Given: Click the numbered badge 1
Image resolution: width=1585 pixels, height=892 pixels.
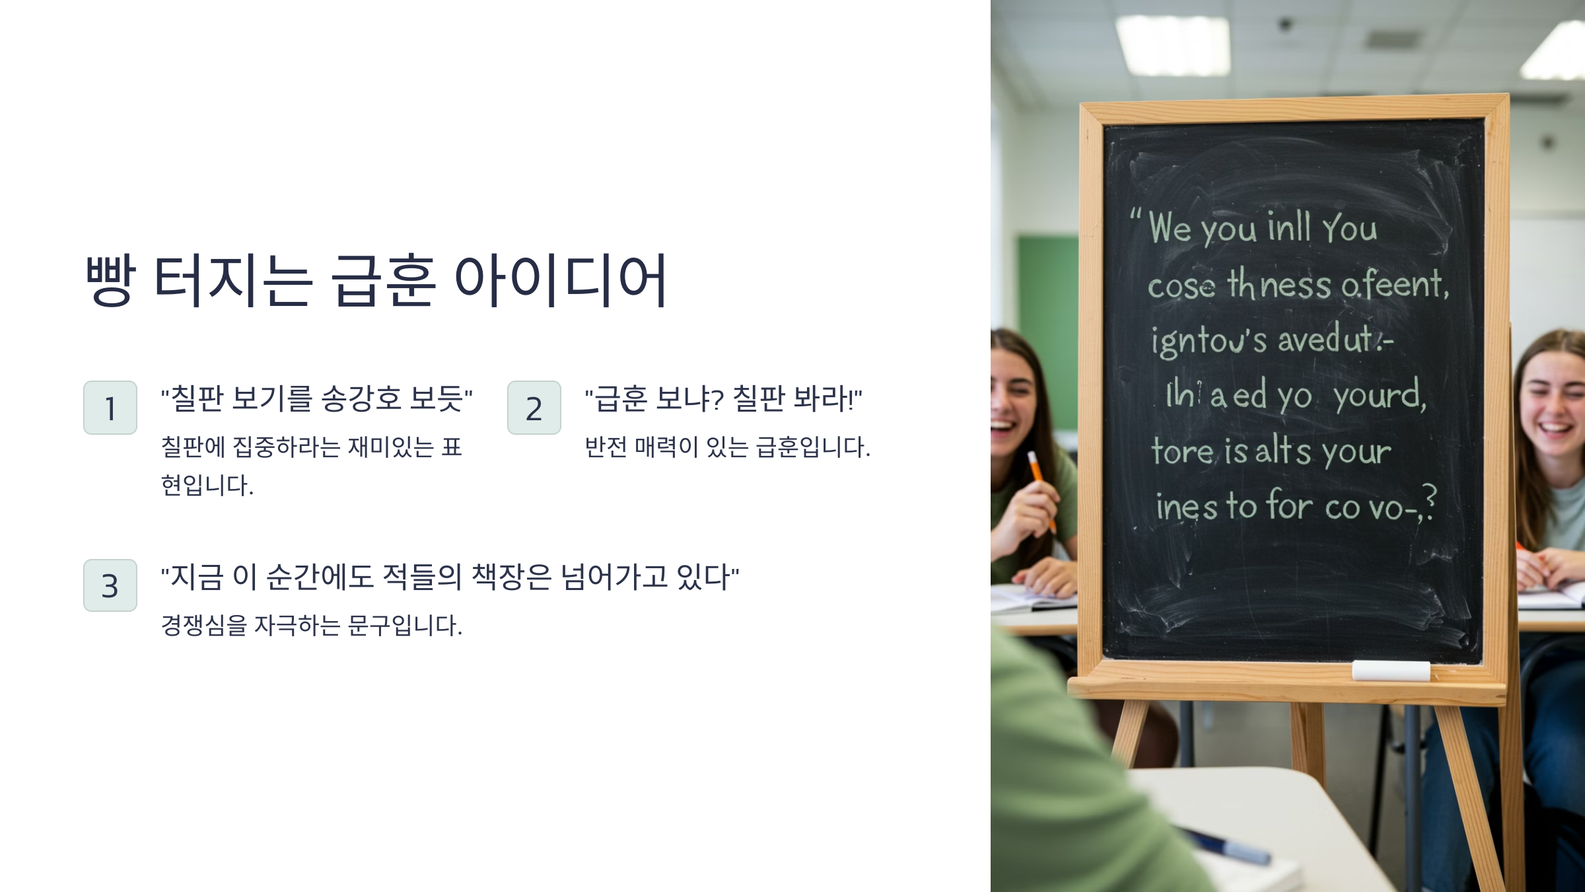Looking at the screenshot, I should pyautogui.click(x=110, y=408).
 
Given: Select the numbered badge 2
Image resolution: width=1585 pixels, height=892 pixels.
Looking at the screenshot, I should pyautogui.click(x=534, y=408).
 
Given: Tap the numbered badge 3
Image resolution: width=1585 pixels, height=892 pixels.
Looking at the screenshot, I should pyautogui.click(x=110, y=585).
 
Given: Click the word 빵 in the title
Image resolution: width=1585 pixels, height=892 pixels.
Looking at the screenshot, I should pyautogui.click(x=111, y=280).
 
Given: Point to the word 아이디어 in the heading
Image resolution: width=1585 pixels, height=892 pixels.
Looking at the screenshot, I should pyautogui.click(x=561, y=280).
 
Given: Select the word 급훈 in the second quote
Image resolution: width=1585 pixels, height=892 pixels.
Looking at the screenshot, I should pyautogui.click(x=621, y=398).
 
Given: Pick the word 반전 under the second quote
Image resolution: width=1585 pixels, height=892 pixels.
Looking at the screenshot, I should pyautogui.click(x=606, y=447).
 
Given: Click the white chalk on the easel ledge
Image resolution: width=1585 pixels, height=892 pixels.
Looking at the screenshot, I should pyautogui.click(x=1390, y=671).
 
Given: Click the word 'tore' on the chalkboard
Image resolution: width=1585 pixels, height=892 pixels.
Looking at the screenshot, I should pyautogui.click(x=1182, y=452).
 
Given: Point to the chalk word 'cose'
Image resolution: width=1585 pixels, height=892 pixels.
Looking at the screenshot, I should pyautogui.click(x=1181, y=287).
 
